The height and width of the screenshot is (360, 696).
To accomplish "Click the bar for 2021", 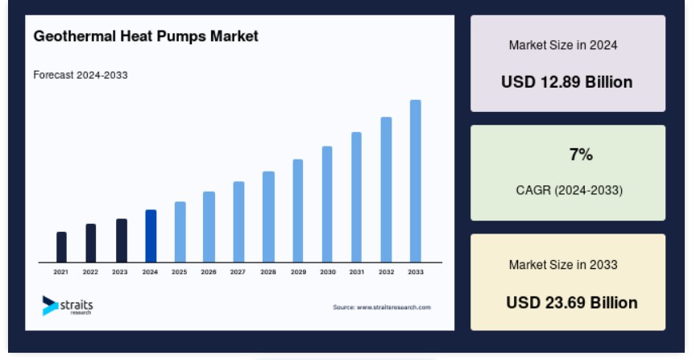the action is (61, 246).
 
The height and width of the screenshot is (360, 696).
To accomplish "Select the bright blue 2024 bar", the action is (151, 236).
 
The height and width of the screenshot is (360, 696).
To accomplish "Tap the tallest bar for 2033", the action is (416, 181).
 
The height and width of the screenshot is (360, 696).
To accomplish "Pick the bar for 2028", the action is (268, 217).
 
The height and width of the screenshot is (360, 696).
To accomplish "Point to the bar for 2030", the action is (327, 205).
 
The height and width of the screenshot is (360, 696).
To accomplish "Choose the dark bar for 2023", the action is (122, 241).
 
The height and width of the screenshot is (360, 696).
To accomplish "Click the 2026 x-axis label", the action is (209, 271).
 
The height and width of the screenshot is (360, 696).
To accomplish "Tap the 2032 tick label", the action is (386, 271).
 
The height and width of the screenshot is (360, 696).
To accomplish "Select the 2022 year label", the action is (90, 271).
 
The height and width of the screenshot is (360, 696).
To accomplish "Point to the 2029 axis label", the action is (298, 271).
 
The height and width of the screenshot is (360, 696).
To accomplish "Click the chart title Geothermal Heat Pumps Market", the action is (146, 36).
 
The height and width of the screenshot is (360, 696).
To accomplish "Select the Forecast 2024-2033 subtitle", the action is (81, 75).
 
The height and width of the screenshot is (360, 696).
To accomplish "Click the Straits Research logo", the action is (68, 306).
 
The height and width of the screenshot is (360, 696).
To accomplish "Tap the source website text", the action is (382, 307).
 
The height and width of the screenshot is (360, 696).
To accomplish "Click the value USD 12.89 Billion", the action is (567, 82).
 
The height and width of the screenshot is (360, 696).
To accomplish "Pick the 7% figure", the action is (581, 155).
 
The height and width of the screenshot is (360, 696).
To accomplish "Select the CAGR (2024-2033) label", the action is (569, 190).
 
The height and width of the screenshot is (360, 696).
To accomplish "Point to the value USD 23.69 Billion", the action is (572, 303).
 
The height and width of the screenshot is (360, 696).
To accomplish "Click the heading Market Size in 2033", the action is (563, 265).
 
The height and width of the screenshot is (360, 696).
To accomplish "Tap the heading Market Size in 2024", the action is (563, 45).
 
